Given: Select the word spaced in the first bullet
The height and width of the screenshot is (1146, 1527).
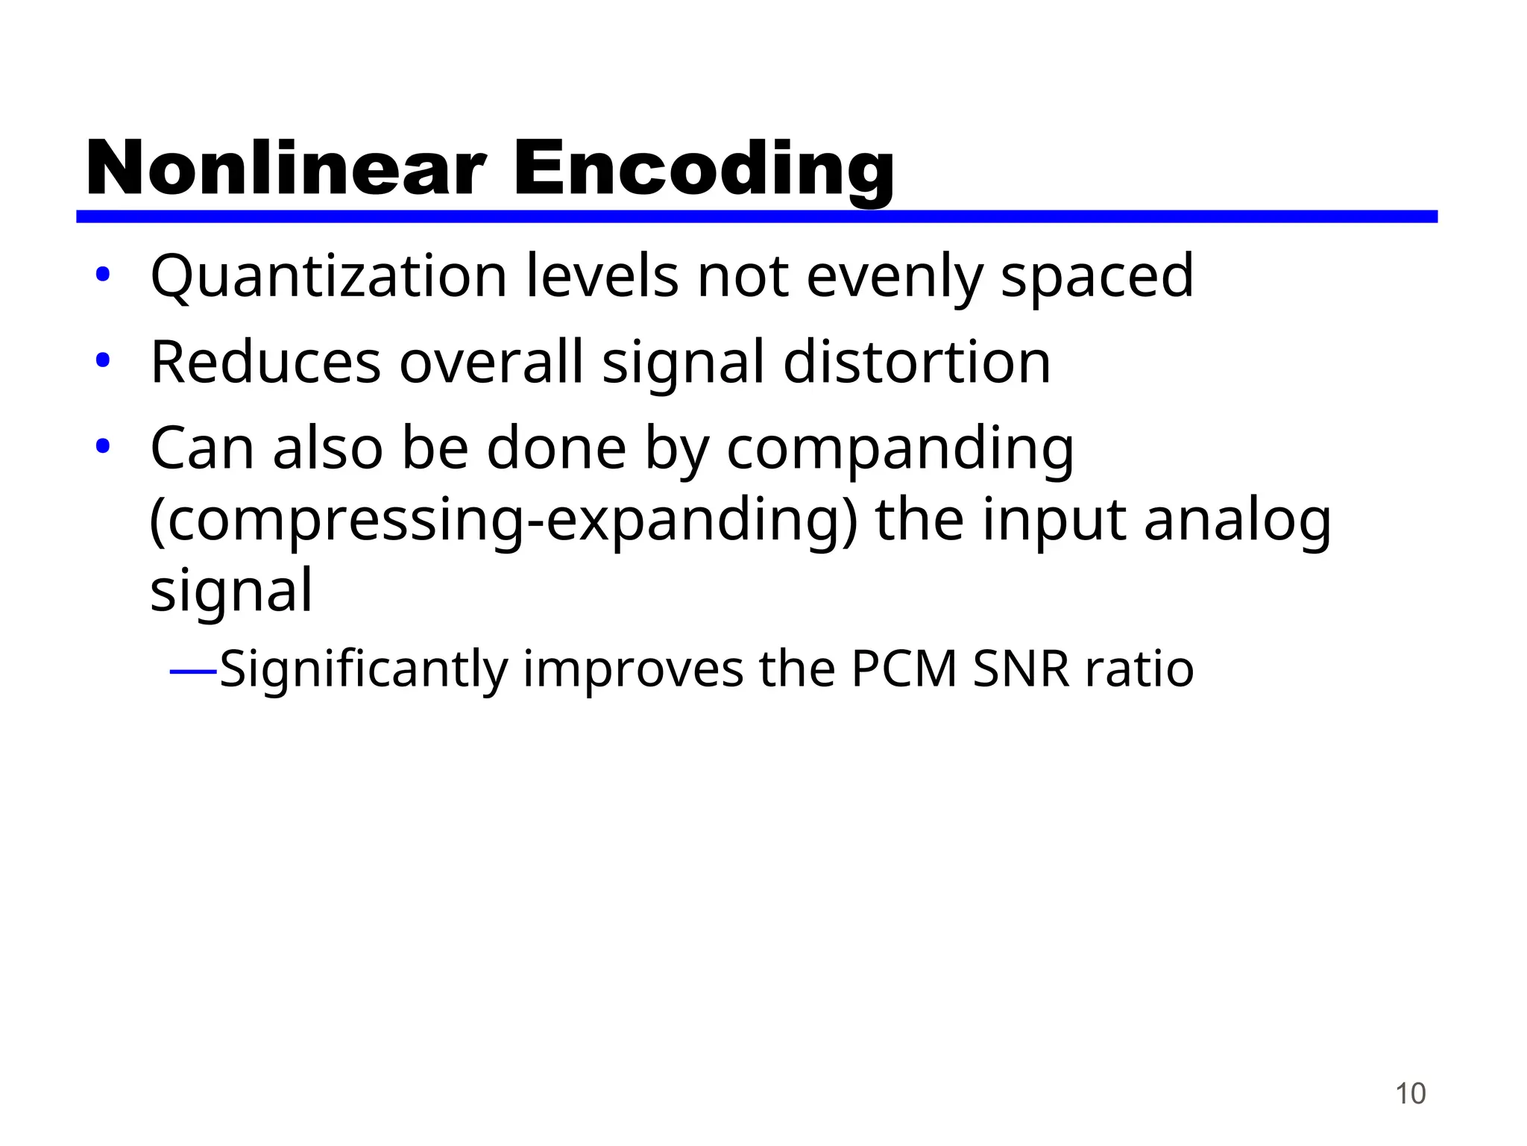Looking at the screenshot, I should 1097,278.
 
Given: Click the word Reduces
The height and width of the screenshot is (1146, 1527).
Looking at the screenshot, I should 265,363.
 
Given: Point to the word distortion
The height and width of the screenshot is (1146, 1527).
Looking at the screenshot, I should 917,363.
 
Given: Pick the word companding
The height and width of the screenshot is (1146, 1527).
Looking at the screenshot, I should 900,450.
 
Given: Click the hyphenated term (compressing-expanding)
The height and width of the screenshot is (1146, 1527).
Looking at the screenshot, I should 504,521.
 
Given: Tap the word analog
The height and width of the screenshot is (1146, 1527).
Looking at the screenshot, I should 1237,521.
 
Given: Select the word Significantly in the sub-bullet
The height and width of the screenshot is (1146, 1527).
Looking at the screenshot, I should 363,669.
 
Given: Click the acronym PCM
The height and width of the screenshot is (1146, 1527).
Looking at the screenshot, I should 904,668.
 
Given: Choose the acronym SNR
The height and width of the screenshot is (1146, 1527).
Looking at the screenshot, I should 1021,668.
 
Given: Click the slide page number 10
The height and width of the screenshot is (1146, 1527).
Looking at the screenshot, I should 1410,1094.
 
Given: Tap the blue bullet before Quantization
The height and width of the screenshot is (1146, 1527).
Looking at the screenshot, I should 103,275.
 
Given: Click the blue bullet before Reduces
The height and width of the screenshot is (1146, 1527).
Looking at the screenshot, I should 103,361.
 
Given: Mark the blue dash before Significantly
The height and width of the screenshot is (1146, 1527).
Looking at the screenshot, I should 193,671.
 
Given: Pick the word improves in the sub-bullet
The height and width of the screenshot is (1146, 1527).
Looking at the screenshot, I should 633,670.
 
